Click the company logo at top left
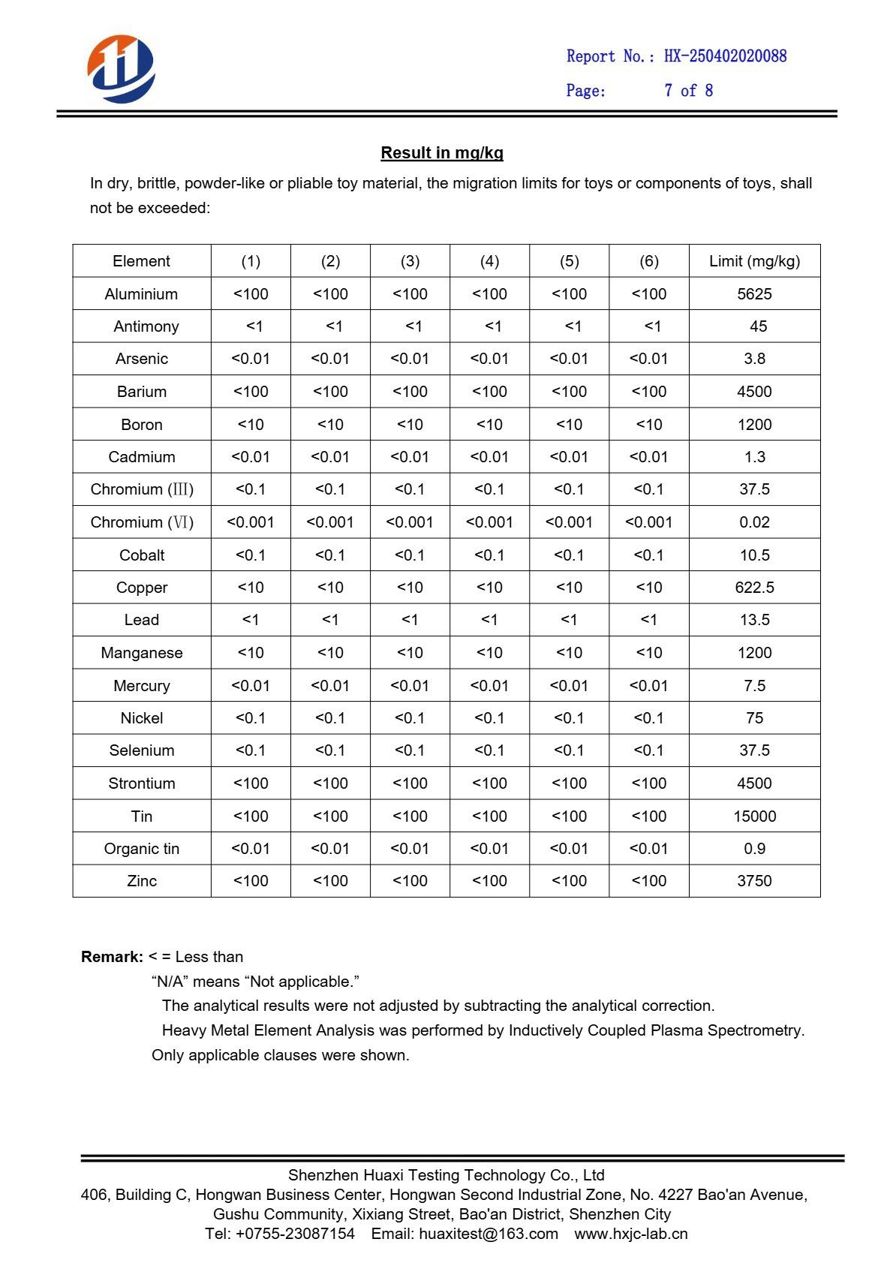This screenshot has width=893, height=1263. (121, 68)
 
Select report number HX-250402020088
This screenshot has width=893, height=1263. (725, 56)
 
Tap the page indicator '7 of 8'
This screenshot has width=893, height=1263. (688, 91)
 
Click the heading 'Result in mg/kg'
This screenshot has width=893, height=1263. (442, 153)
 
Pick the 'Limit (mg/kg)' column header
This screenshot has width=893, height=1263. (754, 261)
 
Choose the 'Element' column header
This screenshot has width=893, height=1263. (141, 261)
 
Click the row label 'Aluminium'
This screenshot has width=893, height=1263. (141, 294)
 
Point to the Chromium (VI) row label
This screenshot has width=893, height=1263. (142, 522)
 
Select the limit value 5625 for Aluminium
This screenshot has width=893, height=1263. (754, 294)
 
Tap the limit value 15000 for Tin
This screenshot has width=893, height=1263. (754, 816)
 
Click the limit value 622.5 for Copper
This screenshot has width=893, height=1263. (754, 588)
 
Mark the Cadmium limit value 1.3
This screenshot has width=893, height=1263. (754, 457)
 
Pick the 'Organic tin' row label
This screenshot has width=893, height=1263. (142, 849)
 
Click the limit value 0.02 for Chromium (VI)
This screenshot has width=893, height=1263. (754, 522)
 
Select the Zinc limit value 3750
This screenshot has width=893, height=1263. (754, 881)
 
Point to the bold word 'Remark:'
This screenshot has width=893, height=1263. (112, 957)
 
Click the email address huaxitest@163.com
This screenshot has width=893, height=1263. (488, 1234)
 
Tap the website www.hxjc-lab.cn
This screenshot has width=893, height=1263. (631, 1234)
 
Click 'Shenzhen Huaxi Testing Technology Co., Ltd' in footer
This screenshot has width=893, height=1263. (446, 1175)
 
